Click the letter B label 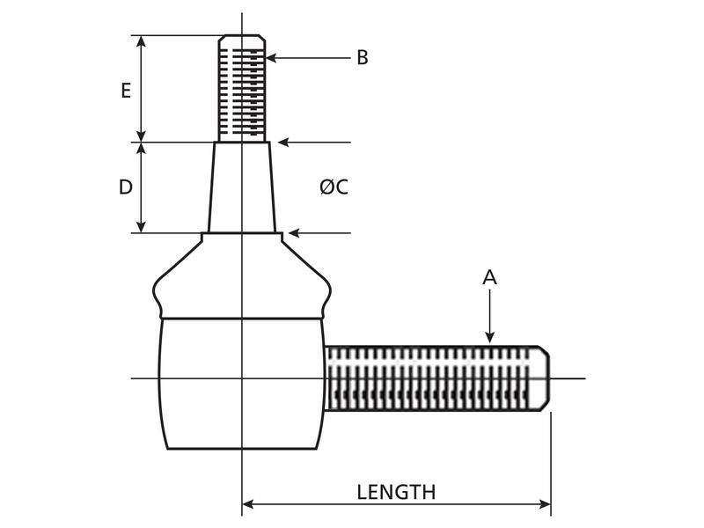(362, 58)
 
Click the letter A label (490, 277)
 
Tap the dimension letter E (126, 90)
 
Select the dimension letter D (126, 187)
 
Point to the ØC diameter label (334, 187)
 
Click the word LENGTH (396, 492)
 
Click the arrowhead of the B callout (270, 58)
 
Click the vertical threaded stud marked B (241, 88)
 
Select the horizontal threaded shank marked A (431, 378)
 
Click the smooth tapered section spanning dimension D (241, 187)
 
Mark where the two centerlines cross (241, 378)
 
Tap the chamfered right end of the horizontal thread (545, 378)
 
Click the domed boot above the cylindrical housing (241, 277)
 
